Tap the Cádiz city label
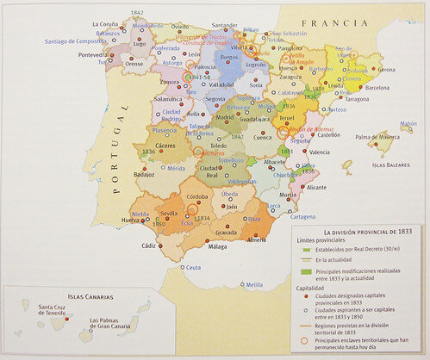pos(147,245)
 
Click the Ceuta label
pos(193,268)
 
